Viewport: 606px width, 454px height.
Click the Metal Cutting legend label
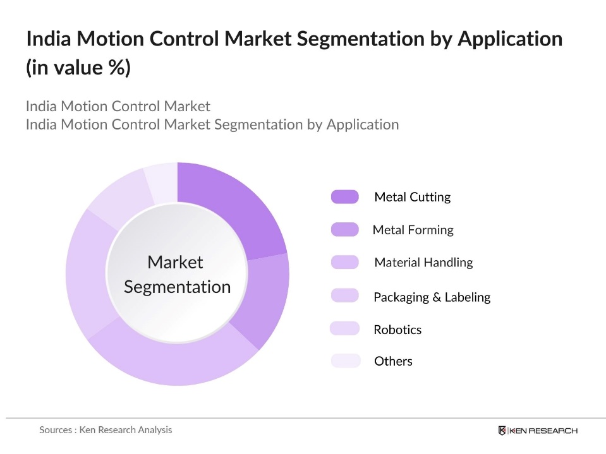[x=412, y=197]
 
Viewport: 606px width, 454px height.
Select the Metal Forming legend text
[x=413, y=230]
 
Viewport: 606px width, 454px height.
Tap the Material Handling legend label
[x=423, y=263]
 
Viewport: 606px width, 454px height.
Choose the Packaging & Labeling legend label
[x=432, y=297]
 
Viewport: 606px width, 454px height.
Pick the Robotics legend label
[x=397, y=330]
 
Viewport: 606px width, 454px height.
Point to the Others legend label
[x=393, y=361]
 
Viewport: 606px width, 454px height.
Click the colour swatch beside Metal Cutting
[x=344, y=197]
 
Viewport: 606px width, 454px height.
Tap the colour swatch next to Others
[x=345, y=361]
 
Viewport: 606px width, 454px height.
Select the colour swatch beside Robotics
[x=344, y=329]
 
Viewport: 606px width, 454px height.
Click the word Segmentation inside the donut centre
[x=177, y=287]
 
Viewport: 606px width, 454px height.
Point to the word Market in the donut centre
[x=175, y=262]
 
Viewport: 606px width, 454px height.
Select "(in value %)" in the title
[x=78, y=67]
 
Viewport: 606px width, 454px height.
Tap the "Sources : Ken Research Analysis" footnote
[x=106, y=430]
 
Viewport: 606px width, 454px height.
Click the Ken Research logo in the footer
[x=537, y=431]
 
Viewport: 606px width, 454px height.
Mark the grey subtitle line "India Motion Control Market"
[x=118, y=106]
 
